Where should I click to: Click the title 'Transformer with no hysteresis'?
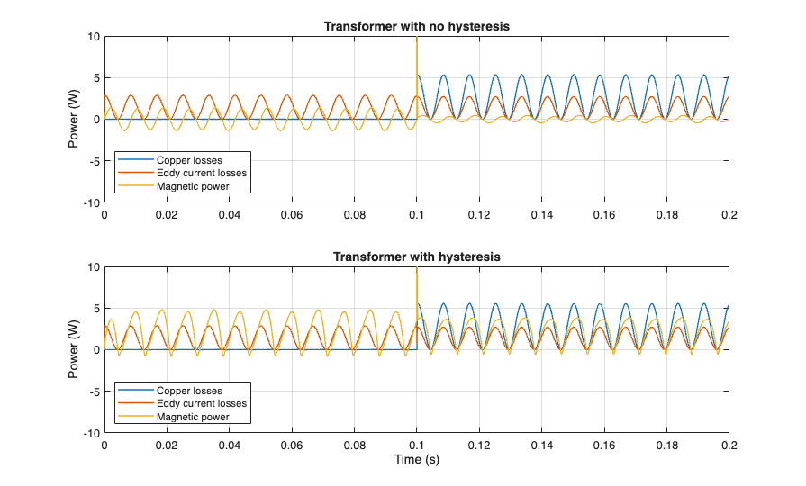(416, 26)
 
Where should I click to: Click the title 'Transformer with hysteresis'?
(416, 256)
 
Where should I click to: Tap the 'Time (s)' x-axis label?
(416, 460)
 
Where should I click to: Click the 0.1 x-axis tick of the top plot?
(417, 215)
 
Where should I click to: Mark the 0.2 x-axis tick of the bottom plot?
(729, 445)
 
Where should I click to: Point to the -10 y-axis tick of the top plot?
(90, 202)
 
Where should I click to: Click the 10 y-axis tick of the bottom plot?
(93, 267)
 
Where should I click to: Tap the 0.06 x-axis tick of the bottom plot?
(292, 445)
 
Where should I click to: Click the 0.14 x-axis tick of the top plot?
(541, 215)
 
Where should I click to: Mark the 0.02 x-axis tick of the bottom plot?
(167, 445)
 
